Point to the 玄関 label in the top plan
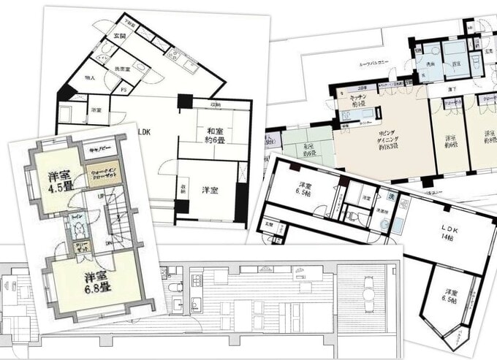pyautogui.click(x=118, y=36)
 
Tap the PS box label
pyautogui.click(x=124, y=91)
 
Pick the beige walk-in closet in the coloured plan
pyautogui.click(x=102, y=174)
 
